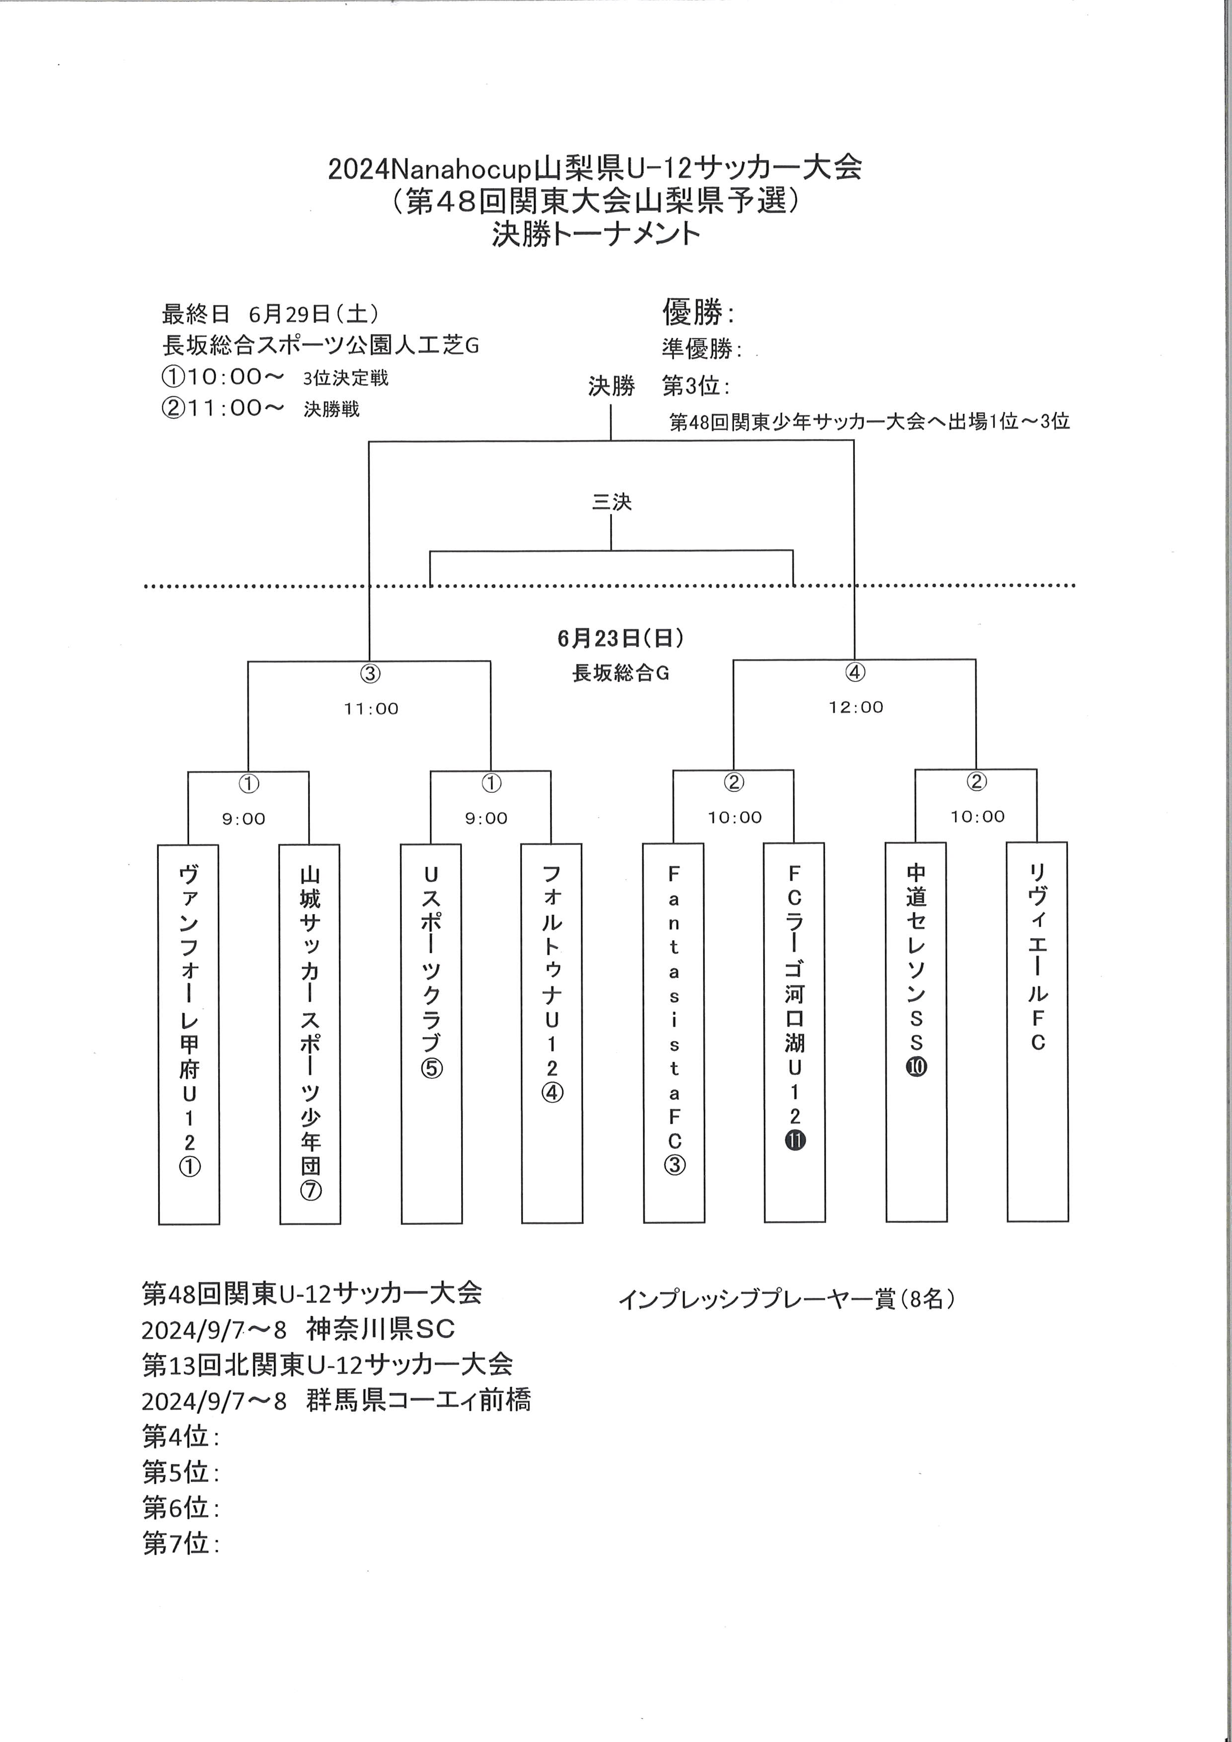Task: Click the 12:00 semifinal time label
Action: (856, 707)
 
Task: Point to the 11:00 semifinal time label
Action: (371, 709)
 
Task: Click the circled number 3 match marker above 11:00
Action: (370, 673)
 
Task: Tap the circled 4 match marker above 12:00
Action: (855, 672)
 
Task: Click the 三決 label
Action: (612, 502)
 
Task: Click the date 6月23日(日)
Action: (620, 638)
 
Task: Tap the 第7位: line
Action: (180, 1542)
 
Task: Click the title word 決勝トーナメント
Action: (596, 233)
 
